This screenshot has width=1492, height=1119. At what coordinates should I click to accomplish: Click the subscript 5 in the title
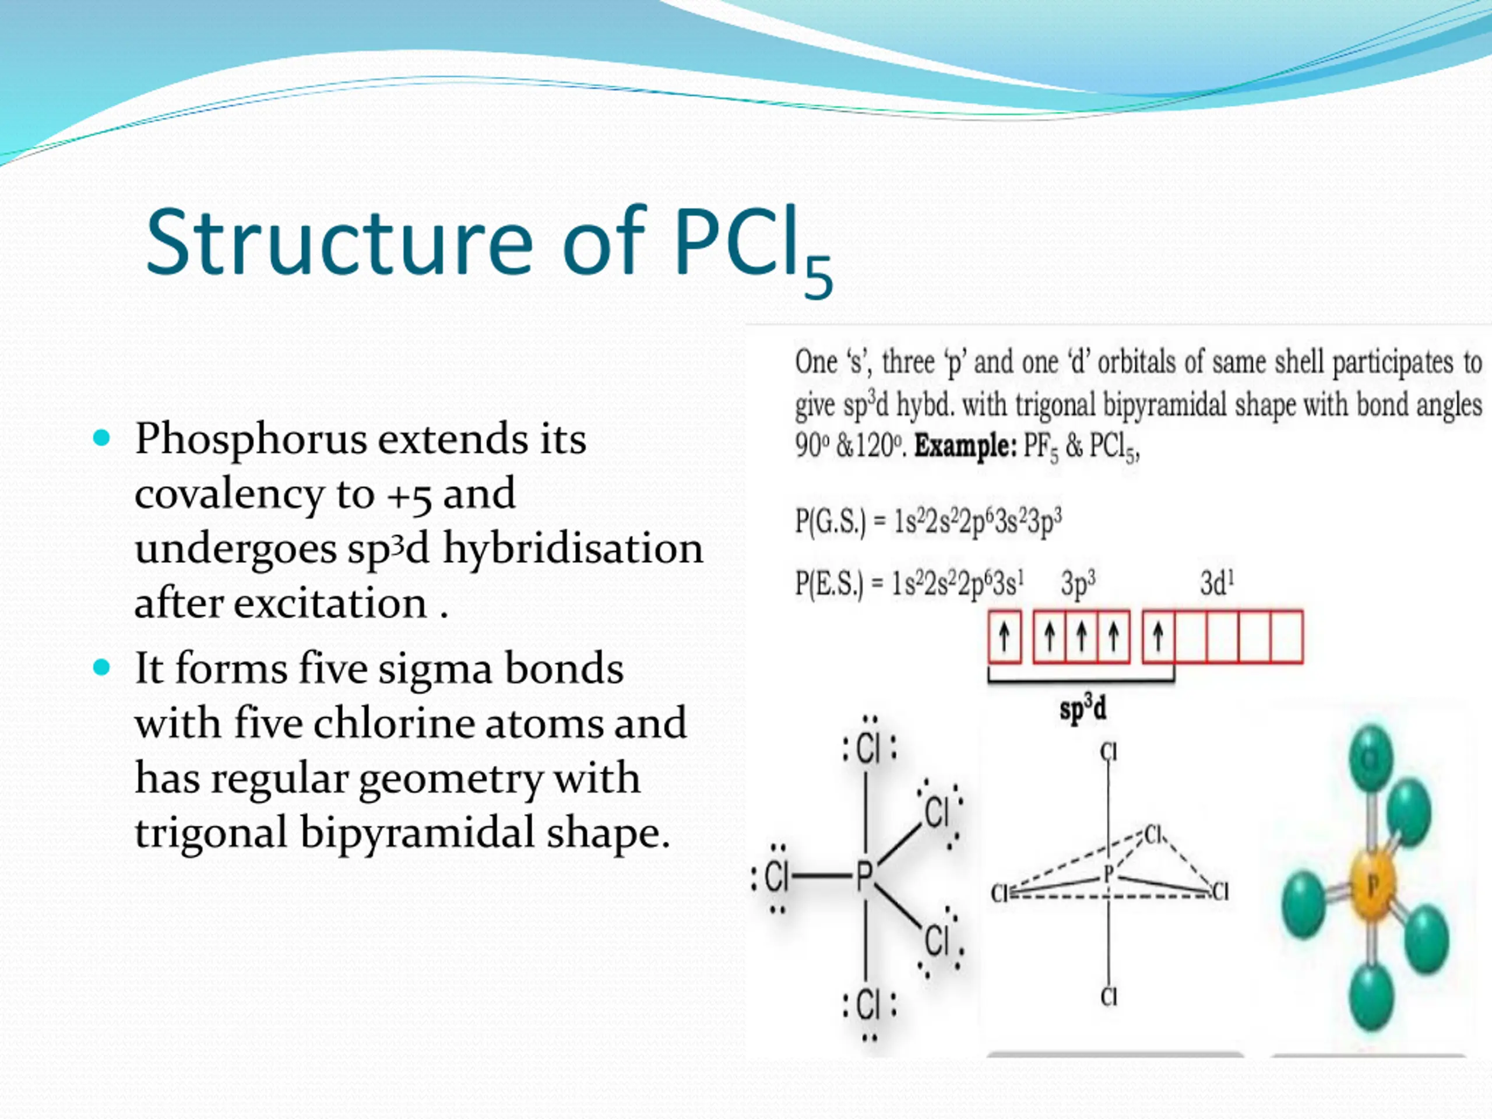818,278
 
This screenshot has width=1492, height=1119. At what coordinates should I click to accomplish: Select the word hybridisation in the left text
573,548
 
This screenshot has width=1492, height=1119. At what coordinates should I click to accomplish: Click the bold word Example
965,446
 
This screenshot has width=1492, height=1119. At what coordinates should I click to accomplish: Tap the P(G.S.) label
830,522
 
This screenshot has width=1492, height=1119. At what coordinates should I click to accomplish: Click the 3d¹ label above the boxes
1217,583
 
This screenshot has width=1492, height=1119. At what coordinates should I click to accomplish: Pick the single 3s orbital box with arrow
1004,637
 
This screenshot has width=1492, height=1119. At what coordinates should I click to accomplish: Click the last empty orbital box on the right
1286,637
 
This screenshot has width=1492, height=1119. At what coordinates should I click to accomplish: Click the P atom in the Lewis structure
865,877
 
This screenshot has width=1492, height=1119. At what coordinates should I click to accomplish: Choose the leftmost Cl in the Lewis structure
776,877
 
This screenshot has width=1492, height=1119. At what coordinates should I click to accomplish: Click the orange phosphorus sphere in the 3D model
1372,885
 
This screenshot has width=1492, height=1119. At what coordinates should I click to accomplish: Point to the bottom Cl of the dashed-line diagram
1109,996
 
